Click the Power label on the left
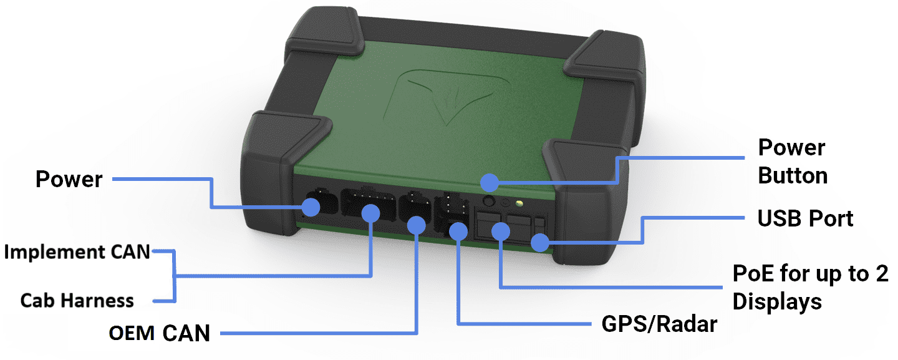pyautogui.click(x=69, y=179)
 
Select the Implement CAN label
pyautogui.click(x=77, y=252)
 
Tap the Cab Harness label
pyautogui.click(x=77, y=301)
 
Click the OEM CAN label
pyautogui.click(x=160, y=333)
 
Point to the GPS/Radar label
pyautogui.click(x=659, y=324)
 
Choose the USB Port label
pyautogui.click(x=805, y=218)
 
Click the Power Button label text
pyautogui.click(x=792, y=162)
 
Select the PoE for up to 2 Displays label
pyautogui.click(x=810, y=288)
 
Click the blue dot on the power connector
pyautogui.click(x=311, y=207)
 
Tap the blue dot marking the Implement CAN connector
pyautogui.click(x=371, y=213)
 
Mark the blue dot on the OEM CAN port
pyautogui.click(x=415, y=223)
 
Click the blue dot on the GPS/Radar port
pyautogui.click(x=458, y=230)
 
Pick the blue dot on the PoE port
pyautogui.click(x=500, y=233)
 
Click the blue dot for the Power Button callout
pyautogui.click(x=490, y=183)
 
